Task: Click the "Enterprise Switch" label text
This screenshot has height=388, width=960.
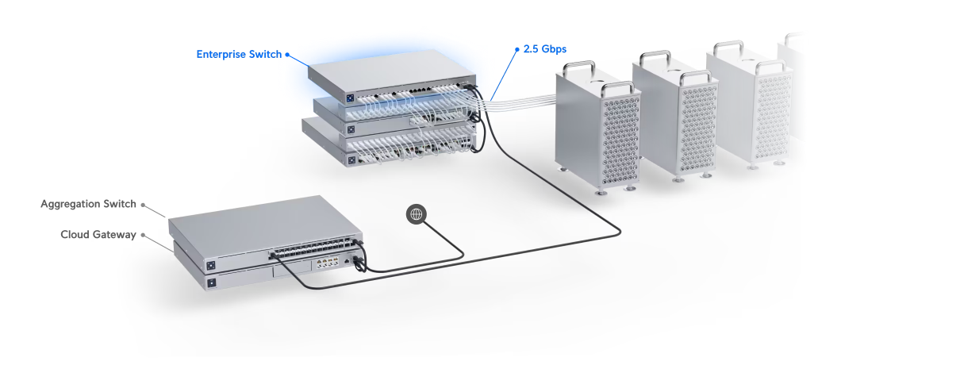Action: (x=239, y=55)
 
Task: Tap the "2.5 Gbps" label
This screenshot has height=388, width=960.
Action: (x=545, y=49)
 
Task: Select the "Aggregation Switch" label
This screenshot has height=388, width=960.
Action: (x=88, y=204)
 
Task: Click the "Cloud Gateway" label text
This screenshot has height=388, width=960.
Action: (x=98, y=235)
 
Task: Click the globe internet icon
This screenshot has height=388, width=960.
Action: (x=417, y=213)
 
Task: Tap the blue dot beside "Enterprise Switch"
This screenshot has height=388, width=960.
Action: (x=287, y=55)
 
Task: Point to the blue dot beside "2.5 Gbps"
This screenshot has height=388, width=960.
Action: (x=516, y=49)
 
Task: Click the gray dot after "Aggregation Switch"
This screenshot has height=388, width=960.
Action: (x=143, y=204)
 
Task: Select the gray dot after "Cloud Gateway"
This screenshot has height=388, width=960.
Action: (x=143, y=235)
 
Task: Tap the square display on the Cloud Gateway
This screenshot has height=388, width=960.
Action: (x=212, y=282)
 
